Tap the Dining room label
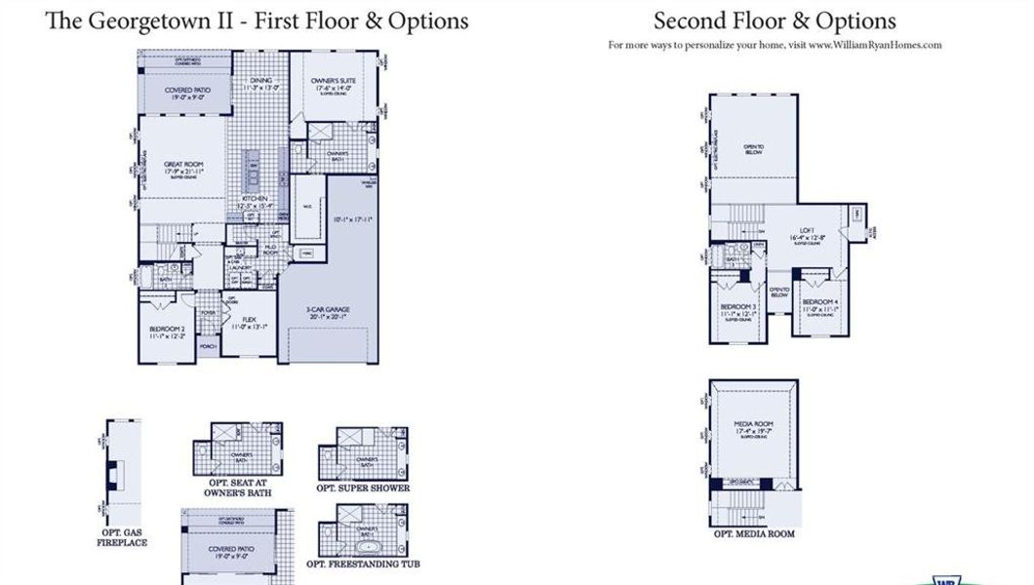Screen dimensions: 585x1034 (x=260, y=82)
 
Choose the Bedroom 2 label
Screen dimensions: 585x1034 (x=168, y=330)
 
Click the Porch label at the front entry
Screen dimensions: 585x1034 (x=208, y=346)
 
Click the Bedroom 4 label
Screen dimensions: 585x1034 (x=819, y=302)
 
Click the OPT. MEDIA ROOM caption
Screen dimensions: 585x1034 (x=754, y=534)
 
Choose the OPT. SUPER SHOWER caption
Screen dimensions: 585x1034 (x=363, y=487)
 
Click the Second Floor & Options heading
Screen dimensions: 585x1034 (x=775, y=20)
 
